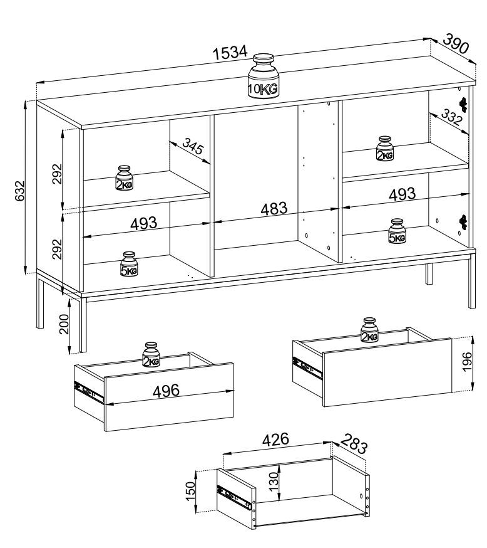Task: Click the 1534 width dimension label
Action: (230, 53)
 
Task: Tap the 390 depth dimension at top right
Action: (456, 44)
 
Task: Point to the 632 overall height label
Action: (20, 191)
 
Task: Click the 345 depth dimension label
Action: (193, 147)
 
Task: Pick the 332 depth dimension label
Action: (451, 117)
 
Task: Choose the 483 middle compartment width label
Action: (274, 209)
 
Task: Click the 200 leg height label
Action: (64, 324)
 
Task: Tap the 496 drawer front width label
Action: (166, 391)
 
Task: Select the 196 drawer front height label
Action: (467, 361)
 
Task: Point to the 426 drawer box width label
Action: (275, 440)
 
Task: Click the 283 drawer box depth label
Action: (354, 443)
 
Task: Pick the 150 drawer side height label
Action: (190, 491)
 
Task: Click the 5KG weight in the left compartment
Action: (129, 264)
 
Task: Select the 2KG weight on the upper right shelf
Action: (385, 149)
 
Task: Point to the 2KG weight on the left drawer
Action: (151, 355)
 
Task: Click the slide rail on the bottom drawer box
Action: (235, 497)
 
